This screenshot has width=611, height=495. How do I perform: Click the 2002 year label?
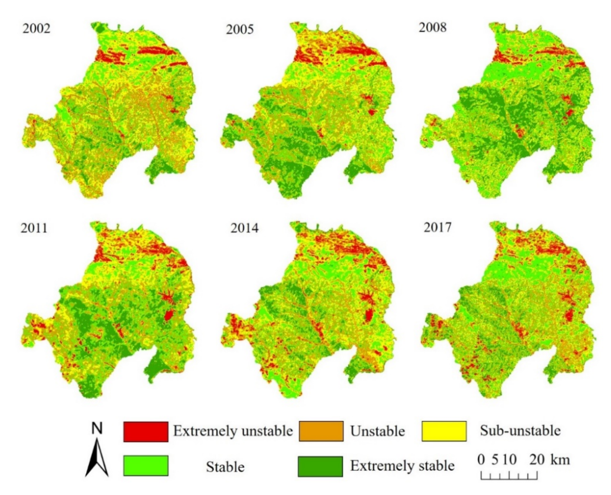(36, 29)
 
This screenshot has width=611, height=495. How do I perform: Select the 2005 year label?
(240, 30)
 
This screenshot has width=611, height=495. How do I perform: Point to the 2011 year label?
(34, 228)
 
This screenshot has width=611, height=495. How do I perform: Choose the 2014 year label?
(244, 228)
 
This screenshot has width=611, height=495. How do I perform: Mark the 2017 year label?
(437, 227)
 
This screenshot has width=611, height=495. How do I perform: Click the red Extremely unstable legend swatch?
(146, 431)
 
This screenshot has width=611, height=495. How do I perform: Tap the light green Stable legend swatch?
(146, 466)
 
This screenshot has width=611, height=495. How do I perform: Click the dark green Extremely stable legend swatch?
(320, 466)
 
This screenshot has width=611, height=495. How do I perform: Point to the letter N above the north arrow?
(97, 428)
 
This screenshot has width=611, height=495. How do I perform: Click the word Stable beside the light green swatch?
(225, 467)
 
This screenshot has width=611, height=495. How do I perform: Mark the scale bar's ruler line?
(509, 476)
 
